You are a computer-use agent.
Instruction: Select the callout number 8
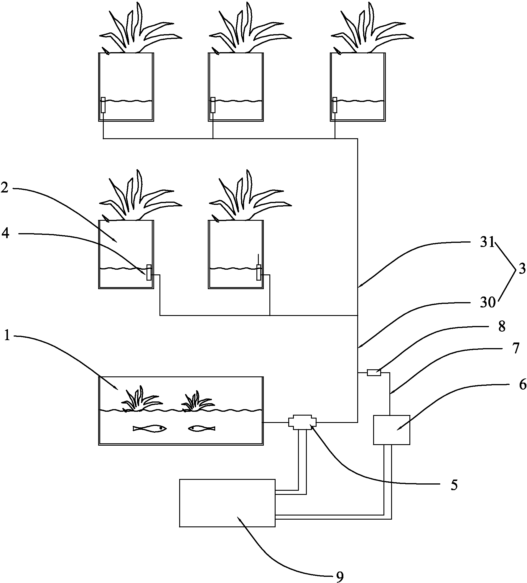coord(502,327)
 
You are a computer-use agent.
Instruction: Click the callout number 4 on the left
coord(5,233)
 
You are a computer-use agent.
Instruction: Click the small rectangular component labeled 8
coord(374,373)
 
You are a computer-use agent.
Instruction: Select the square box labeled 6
coord(391,429)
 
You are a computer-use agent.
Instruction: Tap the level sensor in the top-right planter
coord(335,105)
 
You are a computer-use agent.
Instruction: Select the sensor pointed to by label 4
coord(149,272)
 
